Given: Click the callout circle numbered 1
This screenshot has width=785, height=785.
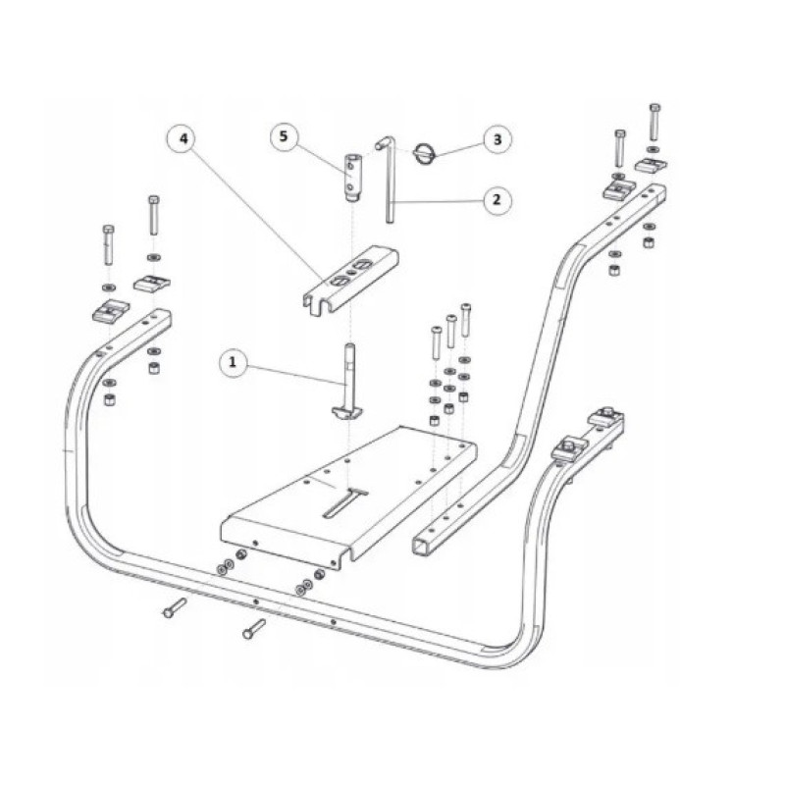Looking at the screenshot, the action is (x=233, y=361).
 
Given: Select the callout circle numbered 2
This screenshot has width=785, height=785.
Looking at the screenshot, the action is (x=497, y=200).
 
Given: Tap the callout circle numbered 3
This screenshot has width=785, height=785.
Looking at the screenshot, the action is (x=497, y=139).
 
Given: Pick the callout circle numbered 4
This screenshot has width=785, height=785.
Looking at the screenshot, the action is (x=183, y=138).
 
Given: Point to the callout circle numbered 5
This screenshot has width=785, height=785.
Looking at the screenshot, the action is (x=284, y=136).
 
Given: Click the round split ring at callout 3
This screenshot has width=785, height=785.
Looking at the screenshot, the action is (x=425, y=152).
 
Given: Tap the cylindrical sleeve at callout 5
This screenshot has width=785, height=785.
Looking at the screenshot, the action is (x=353, y=179).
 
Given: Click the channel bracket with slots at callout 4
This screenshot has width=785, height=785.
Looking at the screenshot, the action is (x=350, y=281).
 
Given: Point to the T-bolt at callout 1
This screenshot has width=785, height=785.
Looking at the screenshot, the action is (x=349, y=382).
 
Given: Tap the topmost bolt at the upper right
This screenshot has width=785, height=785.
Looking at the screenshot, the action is (x=654, y=122).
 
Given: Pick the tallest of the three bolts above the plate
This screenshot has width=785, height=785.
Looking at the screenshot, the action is (x=465, y=320).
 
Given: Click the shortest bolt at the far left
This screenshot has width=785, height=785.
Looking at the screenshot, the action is (x=109, y=245).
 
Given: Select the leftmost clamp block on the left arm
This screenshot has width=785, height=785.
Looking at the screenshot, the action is (x=111, y=310).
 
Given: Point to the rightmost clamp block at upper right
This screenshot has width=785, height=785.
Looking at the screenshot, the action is (x=652, y=164).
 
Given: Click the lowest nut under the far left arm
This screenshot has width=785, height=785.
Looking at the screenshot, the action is (x=109, y=400).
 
